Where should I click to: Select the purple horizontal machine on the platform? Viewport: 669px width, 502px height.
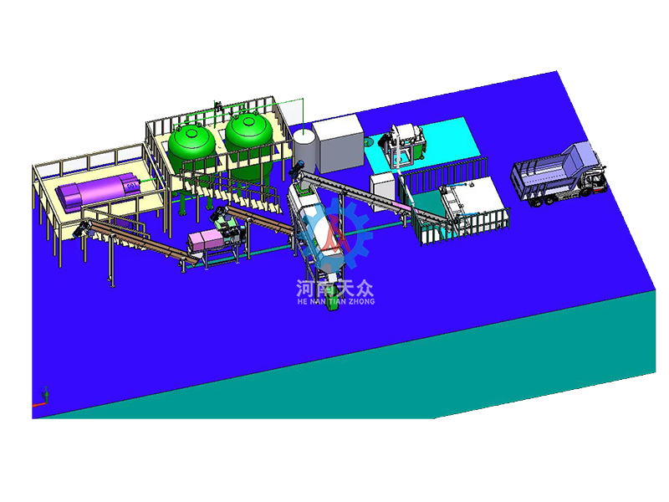click(98, 191)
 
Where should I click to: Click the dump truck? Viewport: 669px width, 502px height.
click(559, 175)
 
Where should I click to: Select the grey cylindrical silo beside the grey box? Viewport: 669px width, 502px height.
click(304, 150)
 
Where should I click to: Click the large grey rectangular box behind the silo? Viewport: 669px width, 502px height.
click(339, 144)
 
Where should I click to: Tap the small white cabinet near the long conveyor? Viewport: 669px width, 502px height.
click(383, 192)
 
